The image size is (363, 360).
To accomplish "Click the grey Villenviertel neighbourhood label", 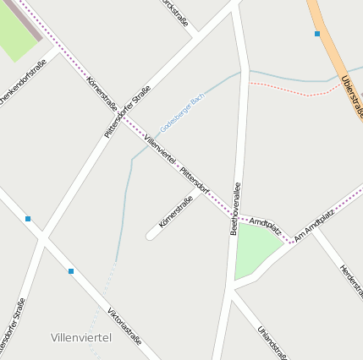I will [x=81, y=337].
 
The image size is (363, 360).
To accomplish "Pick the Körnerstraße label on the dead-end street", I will [x=176, y=211].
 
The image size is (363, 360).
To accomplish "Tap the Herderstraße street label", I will [x=351, y=280].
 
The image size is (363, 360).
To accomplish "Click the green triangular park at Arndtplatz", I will [x=256, y=248].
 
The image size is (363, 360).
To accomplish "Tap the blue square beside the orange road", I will [x=317, y=34].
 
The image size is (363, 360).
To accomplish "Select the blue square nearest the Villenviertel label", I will [x=71, y=271].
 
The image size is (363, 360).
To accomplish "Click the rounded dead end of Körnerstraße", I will [x=150, y=236].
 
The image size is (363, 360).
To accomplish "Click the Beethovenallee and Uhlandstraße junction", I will [x=231, y=292].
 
